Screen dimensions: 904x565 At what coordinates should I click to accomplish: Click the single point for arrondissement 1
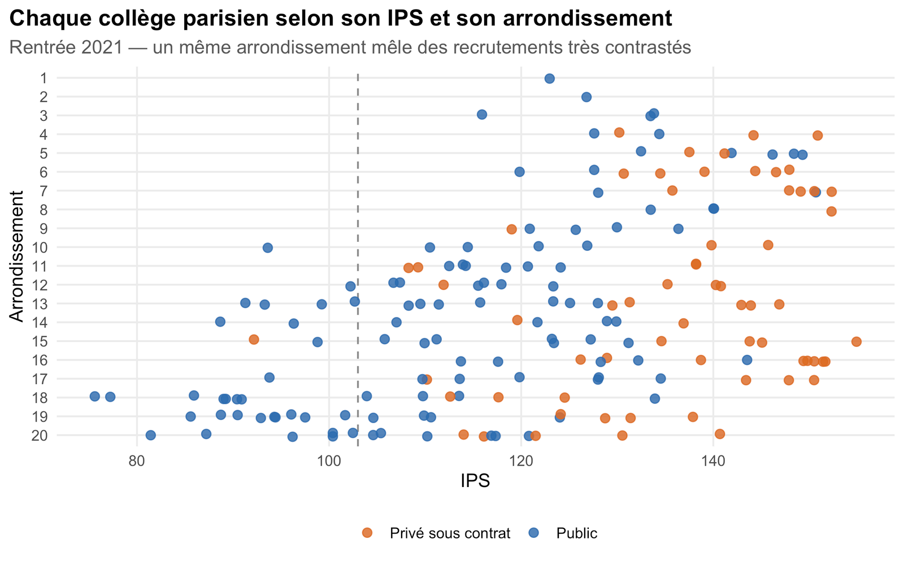pos(549,79)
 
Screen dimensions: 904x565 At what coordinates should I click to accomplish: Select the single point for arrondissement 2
pos(586,97)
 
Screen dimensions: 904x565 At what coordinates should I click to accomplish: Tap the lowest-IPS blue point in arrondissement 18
pos(95,396)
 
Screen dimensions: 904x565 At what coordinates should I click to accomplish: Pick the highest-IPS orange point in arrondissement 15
pos(857,342)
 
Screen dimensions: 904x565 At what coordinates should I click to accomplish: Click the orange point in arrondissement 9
pos(512,229)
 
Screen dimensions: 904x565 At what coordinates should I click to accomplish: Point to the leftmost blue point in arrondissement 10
pos(268,248)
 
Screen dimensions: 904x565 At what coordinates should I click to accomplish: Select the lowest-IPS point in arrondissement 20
pos(150,435)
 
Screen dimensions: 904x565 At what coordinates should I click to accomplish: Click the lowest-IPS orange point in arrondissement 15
pos(254,340)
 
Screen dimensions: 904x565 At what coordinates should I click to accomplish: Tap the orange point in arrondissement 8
pos(831,211)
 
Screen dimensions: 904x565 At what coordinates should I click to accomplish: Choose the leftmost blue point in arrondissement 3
pos(482,115)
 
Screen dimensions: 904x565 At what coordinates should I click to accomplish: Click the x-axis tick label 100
pos(329,461)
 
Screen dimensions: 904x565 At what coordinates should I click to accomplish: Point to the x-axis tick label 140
pos(714,461)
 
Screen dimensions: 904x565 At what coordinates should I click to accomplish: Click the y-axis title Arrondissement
pos(16,257)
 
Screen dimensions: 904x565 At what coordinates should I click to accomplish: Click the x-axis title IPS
pos(475,481)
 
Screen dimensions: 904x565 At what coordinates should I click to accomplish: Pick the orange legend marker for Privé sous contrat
pos(367,533)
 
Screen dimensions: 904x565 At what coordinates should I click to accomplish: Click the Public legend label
pos(577,533)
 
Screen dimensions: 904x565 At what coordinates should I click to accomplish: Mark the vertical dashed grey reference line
pos(358,260)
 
